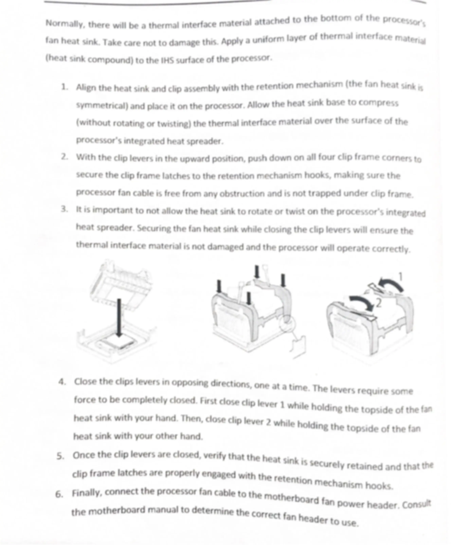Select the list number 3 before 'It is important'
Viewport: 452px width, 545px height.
click(64, 209)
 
